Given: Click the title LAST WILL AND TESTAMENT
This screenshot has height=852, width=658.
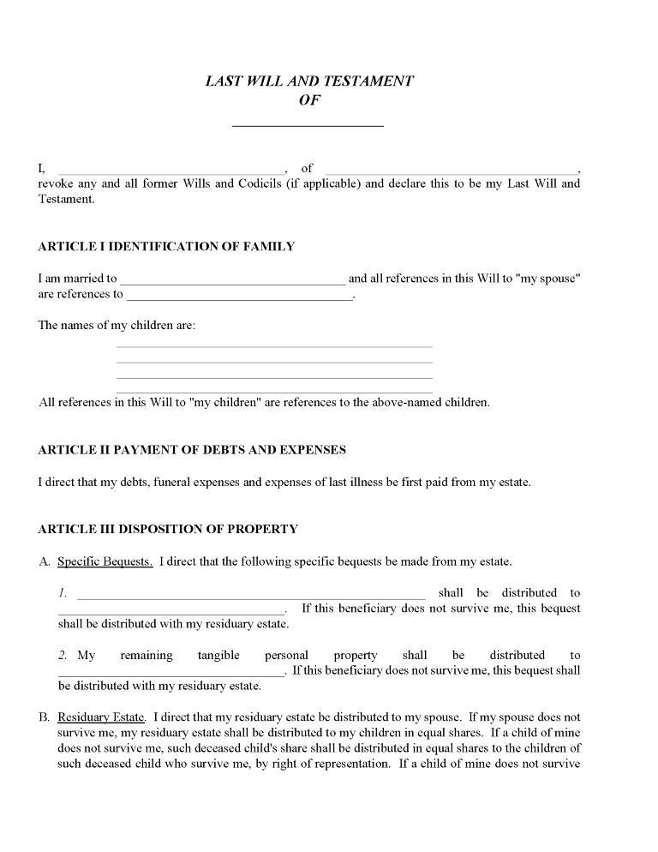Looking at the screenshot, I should point(309,81).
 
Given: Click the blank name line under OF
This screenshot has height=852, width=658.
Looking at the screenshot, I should point(308,125).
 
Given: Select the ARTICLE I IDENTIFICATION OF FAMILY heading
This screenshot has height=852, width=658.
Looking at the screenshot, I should point(166,247).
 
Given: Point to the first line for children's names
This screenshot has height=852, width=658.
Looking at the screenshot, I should point(274,346).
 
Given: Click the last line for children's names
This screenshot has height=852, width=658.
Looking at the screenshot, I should point(274,393).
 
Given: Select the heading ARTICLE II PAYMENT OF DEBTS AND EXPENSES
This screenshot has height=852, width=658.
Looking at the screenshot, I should point(192,450).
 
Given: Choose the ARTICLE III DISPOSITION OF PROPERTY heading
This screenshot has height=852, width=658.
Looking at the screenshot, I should point(168,530).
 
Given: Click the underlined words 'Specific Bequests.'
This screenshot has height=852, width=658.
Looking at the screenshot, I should point(105,562).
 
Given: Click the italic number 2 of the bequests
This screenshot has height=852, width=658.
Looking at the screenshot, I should point(63,656).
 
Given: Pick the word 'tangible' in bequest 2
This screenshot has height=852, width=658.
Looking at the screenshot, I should point(218,656).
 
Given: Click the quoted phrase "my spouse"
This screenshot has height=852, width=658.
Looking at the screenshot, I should point(549,279).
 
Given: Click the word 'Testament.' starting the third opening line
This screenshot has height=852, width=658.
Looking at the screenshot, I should point(66,200).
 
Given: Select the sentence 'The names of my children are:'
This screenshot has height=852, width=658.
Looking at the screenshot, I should point(117,326).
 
